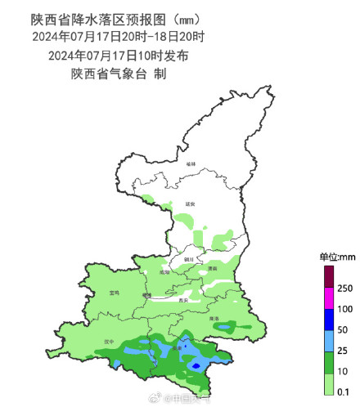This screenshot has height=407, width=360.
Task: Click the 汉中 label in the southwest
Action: coord(109,342)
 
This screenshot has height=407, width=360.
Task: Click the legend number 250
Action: coord(344,288)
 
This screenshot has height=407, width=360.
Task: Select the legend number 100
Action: coord(344,309)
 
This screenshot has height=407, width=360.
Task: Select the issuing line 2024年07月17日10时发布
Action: coord(119,56)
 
